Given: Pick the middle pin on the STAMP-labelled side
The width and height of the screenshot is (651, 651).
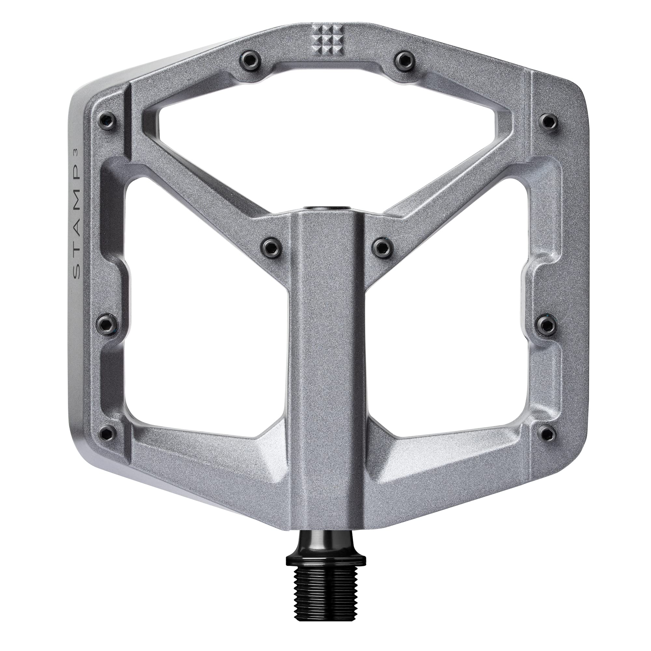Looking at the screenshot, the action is tap(106, 325).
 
